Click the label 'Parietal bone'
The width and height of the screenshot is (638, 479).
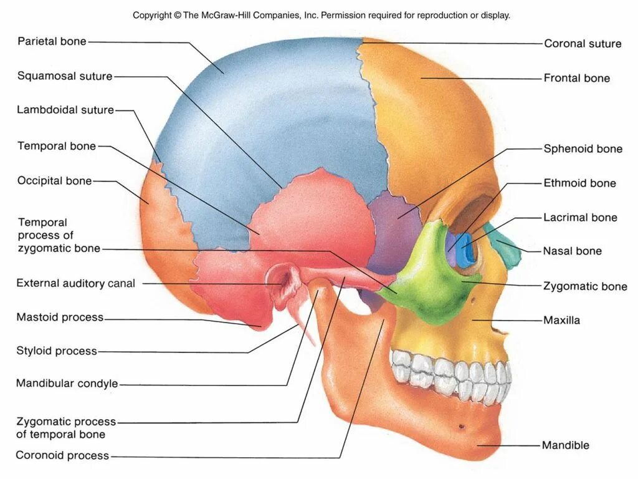coord(52,42)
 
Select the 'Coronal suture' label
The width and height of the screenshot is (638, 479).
coord(583,44)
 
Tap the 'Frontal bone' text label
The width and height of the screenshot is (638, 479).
coord(576,79)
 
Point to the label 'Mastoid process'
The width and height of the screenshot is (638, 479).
coord(60,317)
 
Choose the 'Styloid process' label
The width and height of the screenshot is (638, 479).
coord(57,351)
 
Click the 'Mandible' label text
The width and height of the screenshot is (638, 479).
coord(565,445)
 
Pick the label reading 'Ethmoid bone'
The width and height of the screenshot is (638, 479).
coord(579,183)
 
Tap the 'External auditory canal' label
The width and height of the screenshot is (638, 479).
coord(75,284)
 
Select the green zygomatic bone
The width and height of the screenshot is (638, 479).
coord(430,281)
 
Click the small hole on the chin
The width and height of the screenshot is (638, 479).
coord(461,427)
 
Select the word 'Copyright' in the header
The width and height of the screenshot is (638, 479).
coord(152,15)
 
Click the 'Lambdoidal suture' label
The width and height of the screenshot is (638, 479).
coord(65,110)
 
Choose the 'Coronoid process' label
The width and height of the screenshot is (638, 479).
coord(62,455)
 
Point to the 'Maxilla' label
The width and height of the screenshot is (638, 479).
coord(561,321)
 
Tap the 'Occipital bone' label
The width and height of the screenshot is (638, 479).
coord(55,181)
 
